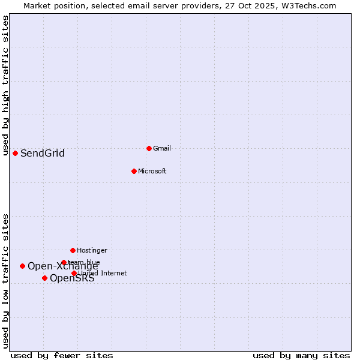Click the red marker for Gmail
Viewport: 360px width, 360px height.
click(x=149, y=148)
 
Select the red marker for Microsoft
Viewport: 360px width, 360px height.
click(x=134, y=171)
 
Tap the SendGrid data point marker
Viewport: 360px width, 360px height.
click(x=15, y=153)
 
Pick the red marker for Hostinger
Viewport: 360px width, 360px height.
click(x=73, y=250)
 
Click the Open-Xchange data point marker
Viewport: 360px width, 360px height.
click(x=22, y=266)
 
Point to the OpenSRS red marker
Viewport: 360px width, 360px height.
click(x=44, y=278)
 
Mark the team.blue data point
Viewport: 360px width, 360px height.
click(x=64, y=262)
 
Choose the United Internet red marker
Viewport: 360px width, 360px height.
click(x=74, y=273)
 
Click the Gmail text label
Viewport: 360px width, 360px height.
click(x=162, y=148)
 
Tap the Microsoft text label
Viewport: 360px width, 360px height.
click(x=152, y=171)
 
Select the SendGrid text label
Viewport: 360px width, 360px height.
click(x=43, y=153)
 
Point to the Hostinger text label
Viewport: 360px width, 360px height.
click(x=92, y=250)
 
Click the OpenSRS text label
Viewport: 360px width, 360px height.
click(x=72, y=278)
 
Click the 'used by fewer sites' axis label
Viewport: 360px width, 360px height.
click(x=62, y=355)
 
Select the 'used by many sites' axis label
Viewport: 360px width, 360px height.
click(x=301, y=355)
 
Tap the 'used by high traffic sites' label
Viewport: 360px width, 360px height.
click(x=6, y=85)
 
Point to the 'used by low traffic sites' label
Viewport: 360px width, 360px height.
click(x=6, y=280)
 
